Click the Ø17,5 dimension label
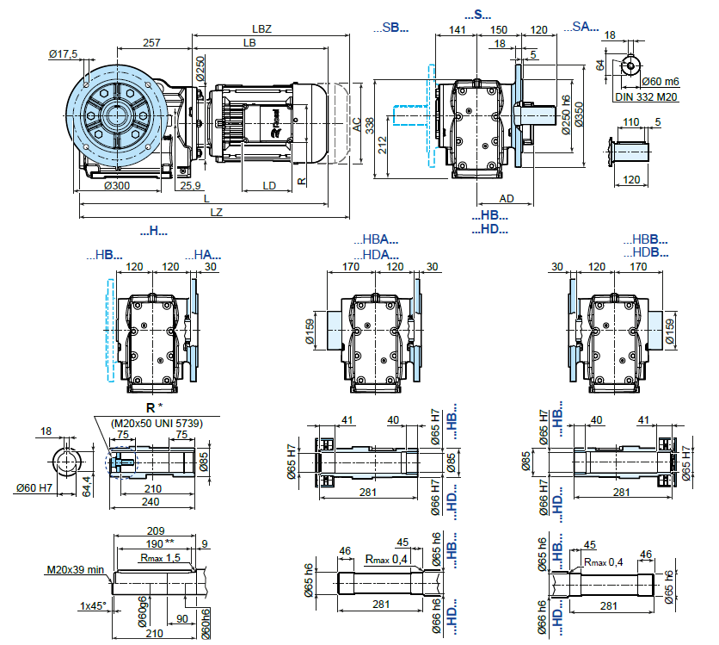point(63,54)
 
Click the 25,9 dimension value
point(190,185)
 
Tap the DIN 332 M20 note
point(647,96)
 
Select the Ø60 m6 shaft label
point(661,81)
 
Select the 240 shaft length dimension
point(151,500)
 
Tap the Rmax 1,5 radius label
point(160,558)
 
